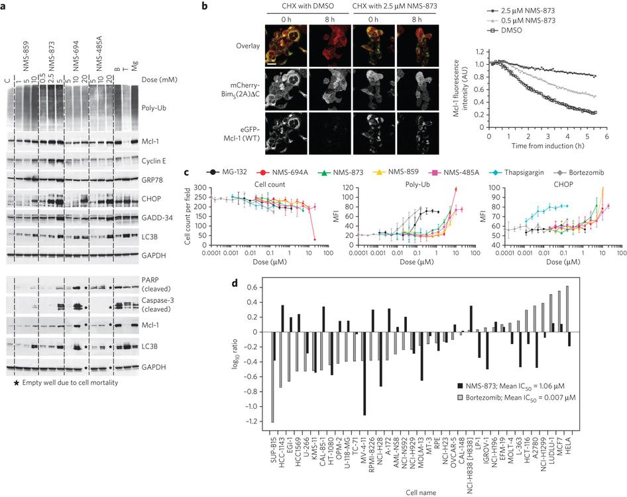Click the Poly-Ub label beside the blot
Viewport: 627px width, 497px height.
(x=162, y=105)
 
